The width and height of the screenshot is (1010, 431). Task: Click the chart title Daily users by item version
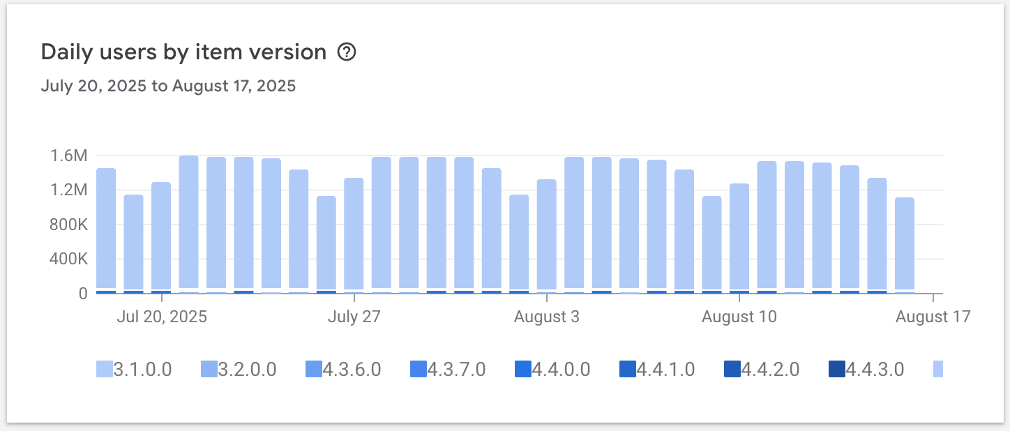pos(183,52)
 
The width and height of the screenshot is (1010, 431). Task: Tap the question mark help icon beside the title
pos(347,52)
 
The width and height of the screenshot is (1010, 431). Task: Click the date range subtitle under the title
pos(168,86)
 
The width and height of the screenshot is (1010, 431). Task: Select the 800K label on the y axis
pos(68,225)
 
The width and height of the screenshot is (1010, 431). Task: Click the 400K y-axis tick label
pos(68,259)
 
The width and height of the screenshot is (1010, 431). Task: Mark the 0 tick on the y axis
pos(82,294)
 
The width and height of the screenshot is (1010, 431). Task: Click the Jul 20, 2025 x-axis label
pos(162,317)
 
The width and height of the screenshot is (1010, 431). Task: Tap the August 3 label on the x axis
pos(546,317)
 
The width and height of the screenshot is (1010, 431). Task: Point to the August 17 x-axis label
pos(933,317)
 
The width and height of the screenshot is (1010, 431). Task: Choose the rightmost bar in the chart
pos(905,244)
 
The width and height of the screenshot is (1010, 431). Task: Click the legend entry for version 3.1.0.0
pos(133,369)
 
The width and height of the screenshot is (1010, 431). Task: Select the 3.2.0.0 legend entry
pos(239,369)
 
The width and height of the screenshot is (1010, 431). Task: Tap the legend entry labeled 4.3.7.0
pos(448,369)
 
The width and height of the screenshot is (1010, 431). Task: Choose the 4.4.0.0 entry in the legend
pos(552,369)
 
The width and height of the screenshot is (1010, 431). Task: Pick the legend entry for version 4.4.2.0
pos(762,369)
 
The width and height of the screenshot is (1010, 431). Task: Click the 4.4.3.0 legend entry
pos(866,369)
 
